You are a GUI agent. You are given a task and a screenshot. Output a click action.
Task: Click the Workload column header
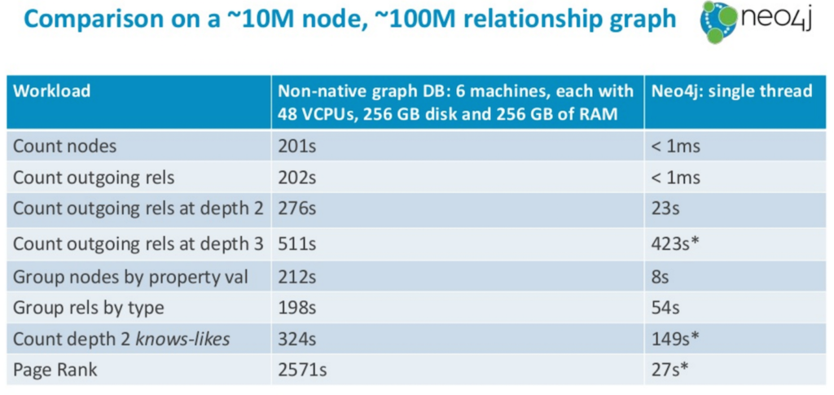coord(51,91)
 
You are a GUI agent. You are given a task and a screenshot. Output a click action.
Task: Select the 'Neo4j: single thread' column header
coord(731,91)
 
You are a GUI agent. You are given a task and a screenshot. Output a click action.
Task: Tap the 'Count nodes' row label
coord(64,147)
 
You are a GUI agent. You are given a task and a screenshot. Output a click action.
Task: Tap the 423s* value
coord(674,244)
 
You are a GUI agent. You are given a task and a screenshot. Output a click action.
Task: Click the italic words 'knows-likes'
coord(183,339)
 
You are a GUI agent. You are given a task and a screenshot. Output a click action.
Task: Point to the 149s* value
coord(674,339)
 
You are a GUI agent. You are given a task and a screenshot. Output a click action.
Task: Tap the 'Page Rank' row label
coord(55,370)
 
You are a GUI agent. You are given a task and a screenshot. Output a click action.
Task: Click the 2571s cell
coord(301,370)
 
